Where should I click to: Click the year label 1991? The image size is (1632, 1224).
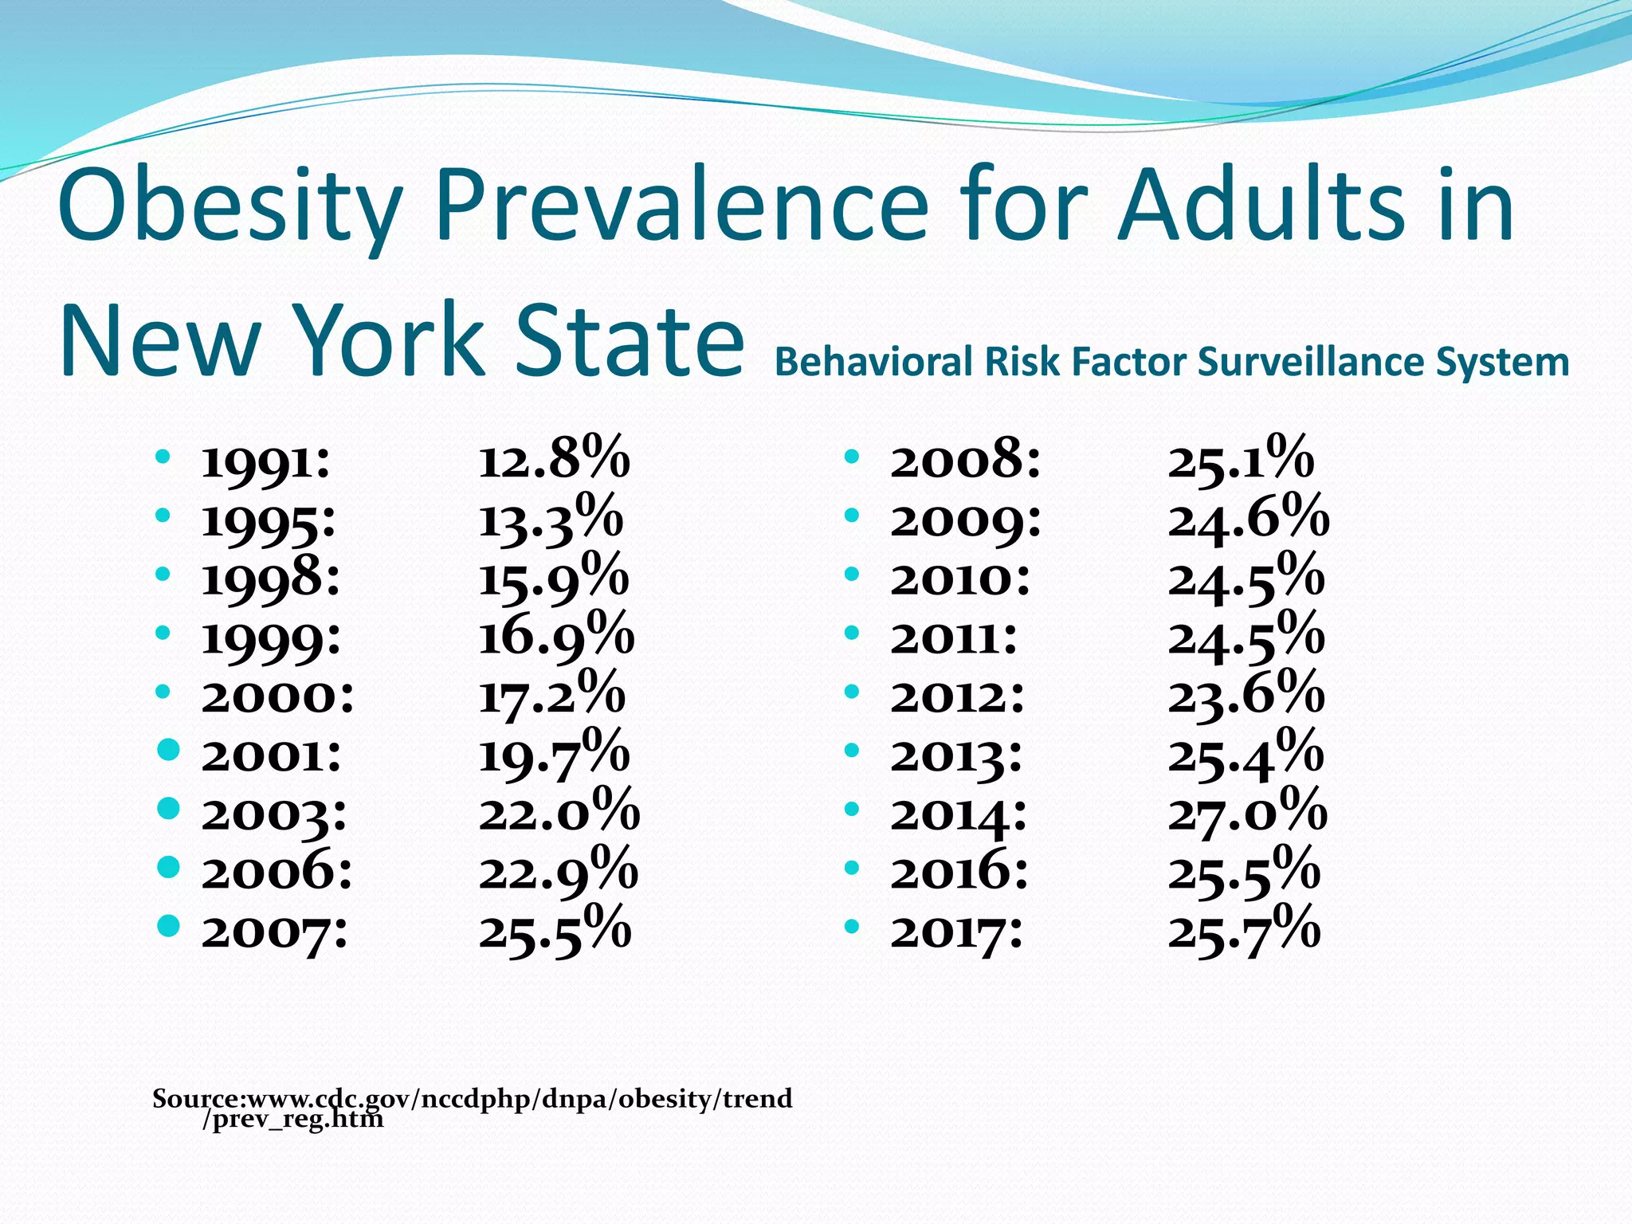(265, 461)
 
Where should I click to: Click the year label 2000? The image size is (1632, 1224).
(277, 696)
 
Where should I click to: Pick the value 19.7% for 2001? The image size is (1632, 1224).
(554, 754)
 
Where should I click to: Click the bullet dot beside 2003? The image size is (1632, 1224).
(168, 809)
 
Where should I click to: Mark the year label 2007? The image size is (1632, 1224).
(274, 931)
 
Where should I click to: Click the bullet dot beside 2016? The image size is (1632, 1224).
(852, 868)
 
